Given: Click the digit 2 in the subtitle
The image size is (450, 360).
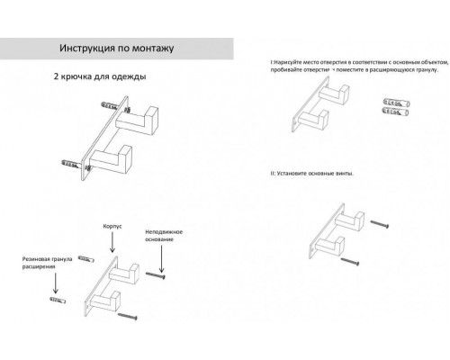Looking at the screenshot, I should [57, 77].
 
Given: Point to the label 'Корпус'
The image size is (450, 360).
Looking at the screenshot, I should [115, 219].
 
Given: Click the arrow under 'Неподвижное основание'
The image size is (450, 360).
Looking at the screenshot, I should [162, 260].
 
